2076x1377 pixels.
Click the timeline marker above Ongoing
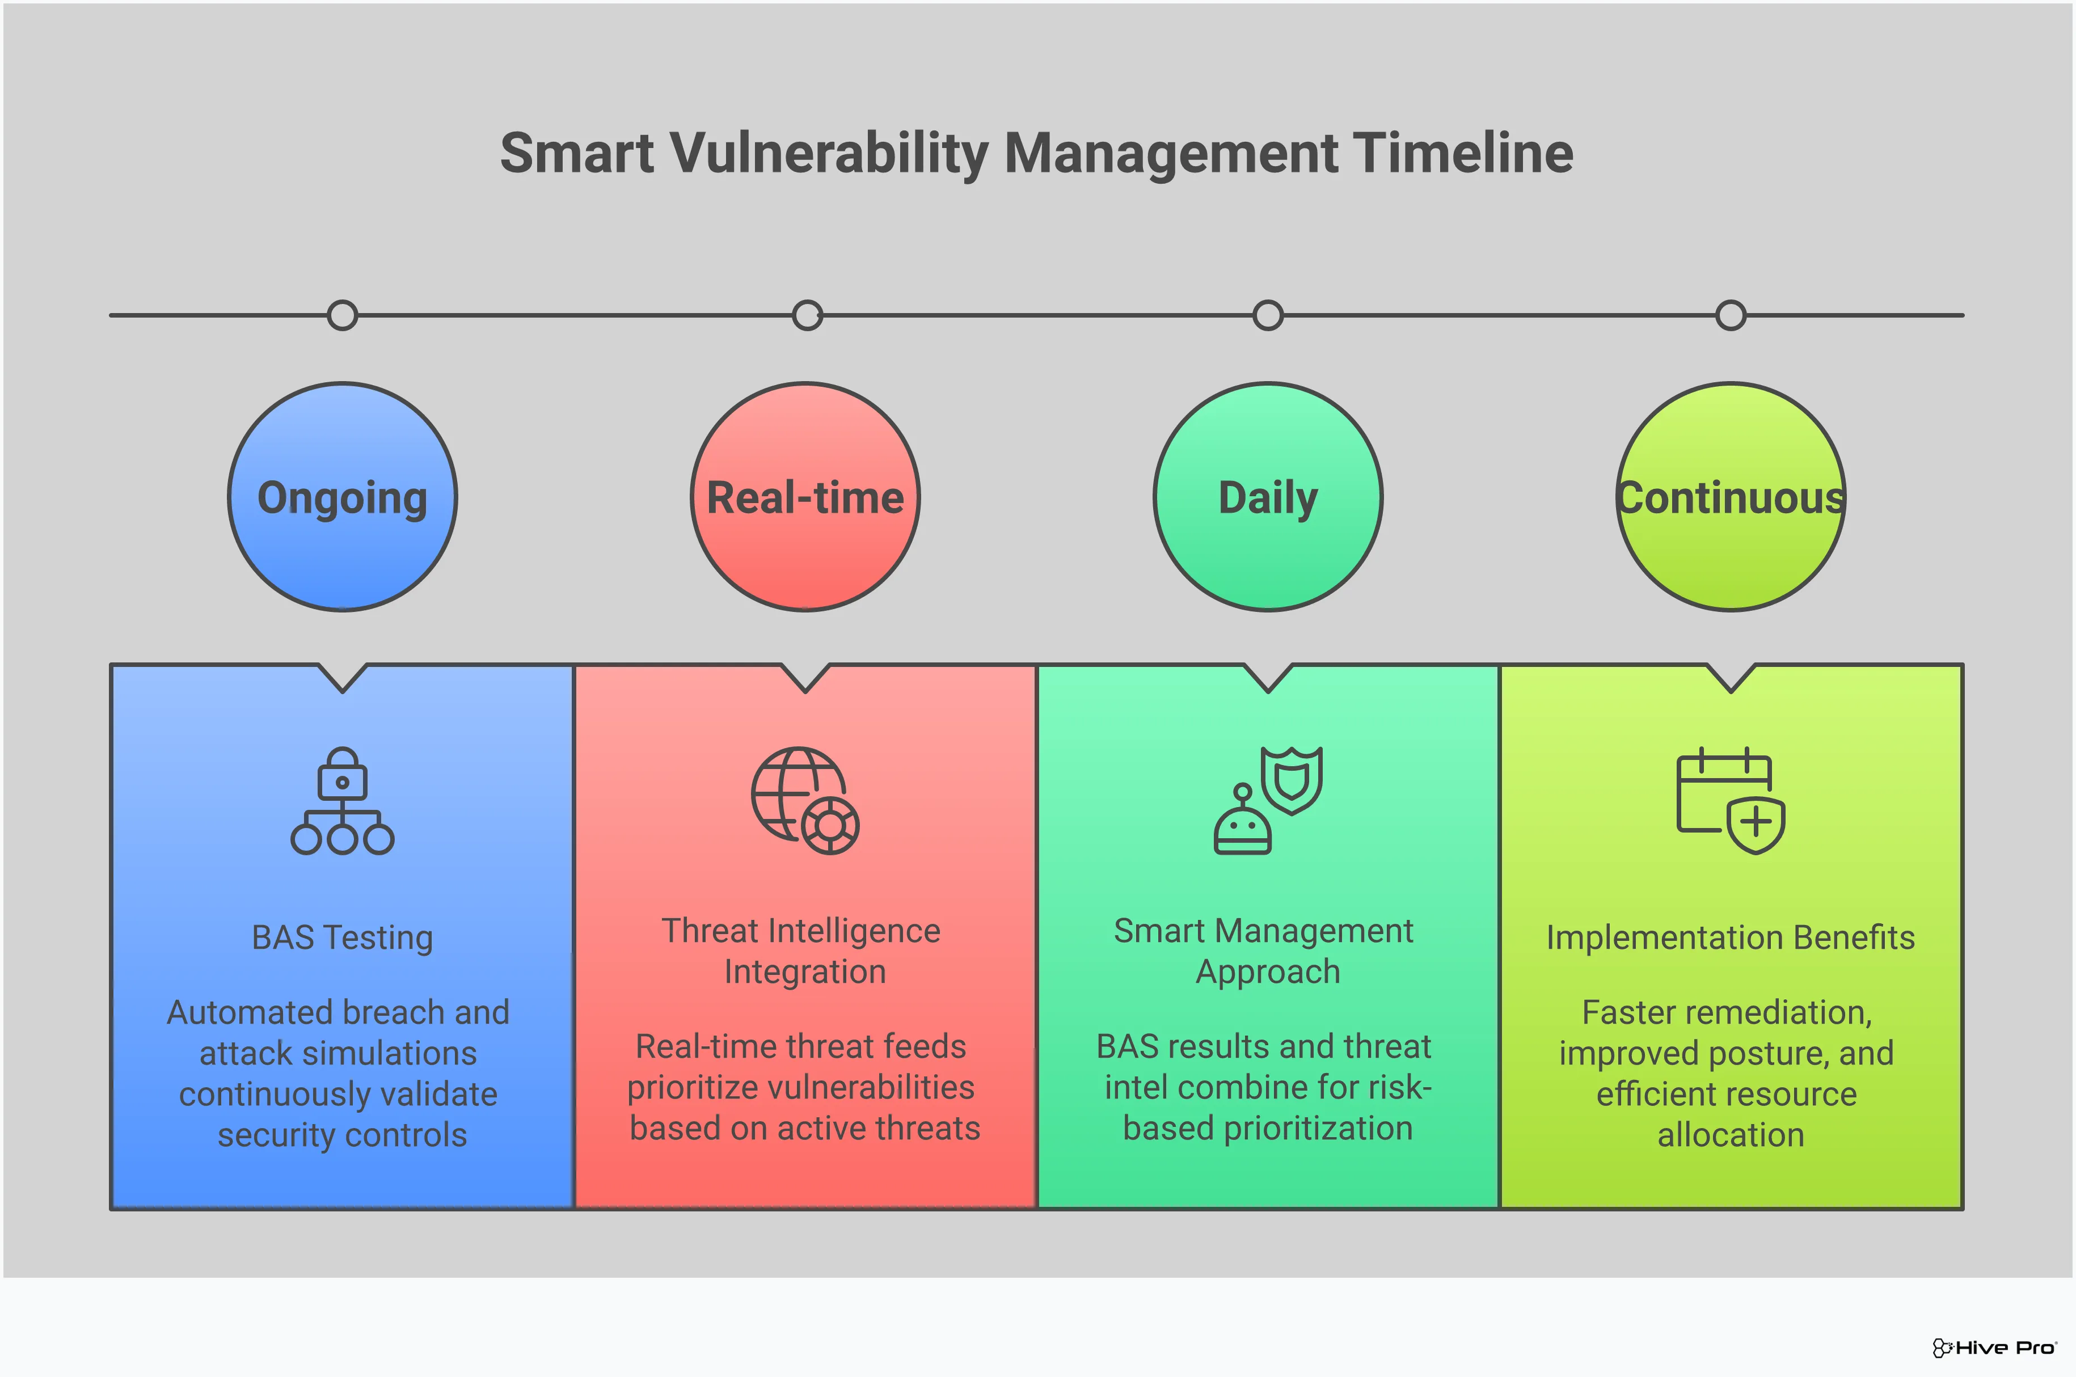click(x=343, y=315)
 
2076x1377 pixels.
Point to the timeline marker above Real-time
click(x=807, y=315)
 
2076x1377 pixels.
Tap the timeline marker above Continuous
click(x=1731, y=315)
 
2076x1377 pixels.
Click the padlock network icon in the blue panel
click(x=343, y=800)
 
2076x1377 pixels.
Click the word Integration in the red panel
click(x=805, y=972)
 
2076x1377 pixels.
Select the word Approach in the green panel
click(x=1268, y=972)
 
